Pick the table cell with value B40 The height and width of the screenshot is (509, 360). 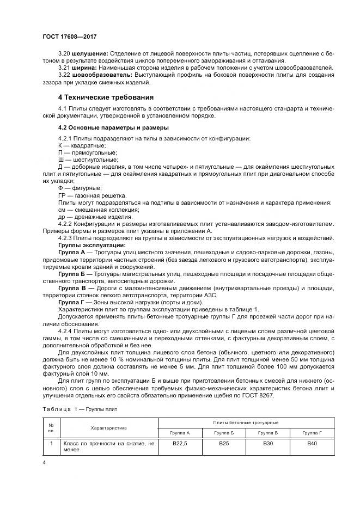(312, 444)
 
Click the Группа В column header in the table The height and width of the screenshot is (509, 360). (267, 433)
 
